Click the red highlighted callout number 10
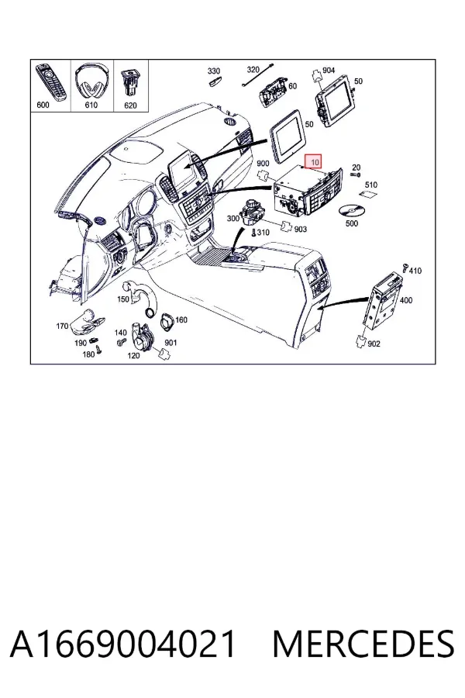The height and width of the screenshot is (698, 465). [x=315, y=162]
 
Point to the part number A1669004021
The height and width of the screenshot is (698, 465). [x=122, y=644]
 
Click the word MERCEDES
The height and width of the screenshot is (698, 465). [x=363, y=644]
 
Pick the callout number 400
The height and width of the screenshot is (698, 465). [x=406, y=300]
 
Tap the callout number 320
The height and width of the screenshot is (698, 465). [x=253, y=70]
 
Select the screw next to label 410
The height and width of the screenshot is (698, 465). [x=405, y=267]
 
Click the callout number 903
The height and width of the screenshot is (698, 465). [x=301, y=229]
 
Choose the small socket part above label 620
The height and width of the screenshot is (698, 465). [x=130, y=81]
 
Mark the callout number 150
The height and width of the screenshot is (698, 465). [x=123, y=299]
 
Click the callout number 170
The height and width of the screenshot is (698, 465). [x=62, y=327]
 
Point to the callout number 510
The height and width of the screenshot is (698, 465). [x=371, y=185]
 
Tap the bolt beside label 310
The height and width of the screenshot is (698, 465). [x=253, y=232]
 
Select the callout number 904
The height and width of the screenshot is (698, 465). [x=329, y=70]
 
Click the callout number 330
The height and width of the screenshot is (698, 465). [x=214, y=71]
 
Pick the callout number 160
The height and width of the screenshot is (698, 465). [x=181, y=320]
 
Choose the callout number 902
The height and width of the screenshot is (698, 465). [x=374, y=344]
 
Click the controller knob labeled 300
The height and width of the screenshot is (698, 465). [x=251, y=213]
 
